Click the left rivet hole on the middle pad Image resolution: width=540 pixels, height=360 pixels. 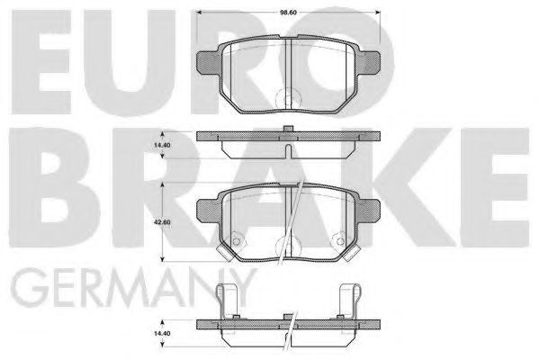pyautogui.click(x=237, y=240)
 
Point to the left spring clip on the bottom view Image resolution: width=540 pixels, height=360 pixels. pyautogui.click(x=232, y=297)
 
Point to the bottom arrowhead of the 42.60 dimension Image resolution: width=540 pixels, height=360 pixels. pyautogui.click(x=162, y=261)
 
